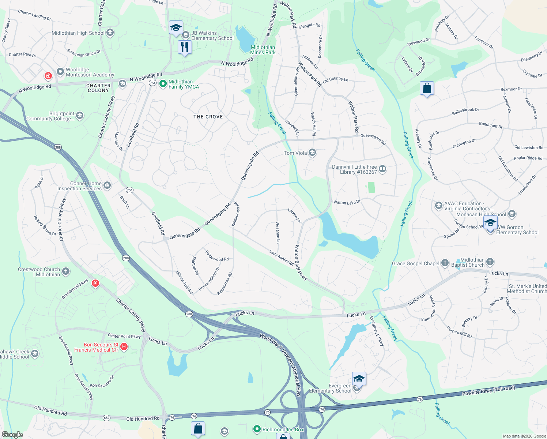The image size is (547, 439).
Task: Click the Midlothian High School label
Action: tap(78, 33)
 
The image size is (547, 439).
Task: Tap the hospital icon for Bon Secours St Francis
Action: tap(124, 346)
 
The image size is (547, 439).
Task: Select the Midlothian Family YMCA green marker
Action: tap(163, 84)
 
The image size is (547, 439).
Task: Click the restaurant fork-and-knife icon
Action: tap(185, 47)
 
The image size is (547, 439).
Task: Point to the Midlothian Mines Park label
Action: tap(263, 50)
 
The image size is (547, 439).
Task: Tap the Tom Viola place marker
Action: tap(312, 153)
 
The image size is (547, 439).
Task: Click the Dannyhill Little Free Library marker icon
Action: tap(382, 169)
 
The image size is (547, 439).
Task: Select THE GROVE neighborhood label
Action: tap(208, 117)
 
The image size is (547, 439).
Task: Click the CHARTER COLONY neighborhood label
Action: tap(98, 88)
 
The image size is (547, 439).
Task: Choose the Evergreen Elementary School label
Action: tap(330, 388)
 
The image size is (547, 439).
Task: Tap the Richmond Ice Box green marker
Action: tap(257, 429)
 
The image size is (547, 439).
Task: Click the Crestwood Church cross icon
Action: tap(66, 271)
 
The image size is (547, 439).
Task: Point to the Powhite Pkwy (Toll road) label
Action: tap(488, 391)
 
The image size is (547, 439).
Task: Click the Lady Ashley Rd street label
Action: tap(282, 258)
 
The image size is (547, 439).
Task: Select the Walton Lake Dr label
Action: tap(347, 202)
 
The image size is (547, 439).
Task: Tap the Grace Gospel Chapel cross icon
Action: tap(445, 263)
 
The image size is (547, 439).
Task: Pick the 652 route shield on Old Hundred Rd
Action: tap(106, 417)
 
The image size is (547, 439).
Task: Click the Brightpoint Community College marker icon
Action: tap(80, 116)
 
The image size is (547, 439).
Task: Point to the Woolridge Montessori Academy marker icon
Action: tap(60, 72)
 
